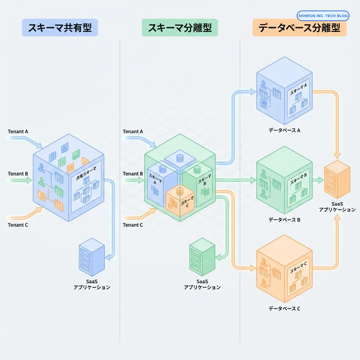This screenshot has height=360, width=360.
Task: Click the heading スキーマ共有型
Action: (60, 28)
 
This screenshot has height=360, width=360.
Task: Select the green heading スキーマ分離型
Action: (180, 28)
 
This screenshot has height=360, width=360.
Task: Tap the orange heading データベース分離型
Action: (299, 28)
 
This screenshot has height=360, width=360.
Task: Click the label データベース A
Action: (284, 130)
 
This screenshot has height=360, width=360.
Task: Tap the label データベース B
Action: (284, 220)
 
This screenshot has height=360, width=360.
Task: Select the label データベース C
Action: (284, 309)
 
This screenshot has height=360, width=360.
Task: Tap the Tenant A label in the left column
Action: (18, 131)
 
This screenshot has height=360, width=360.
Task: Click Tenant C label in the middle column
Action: (133, 225)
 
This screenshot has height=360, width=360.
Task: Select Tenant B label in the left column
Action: (18, 174)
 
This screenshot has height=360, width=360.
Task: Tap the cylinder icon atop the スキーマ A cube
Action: (163, 169)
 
